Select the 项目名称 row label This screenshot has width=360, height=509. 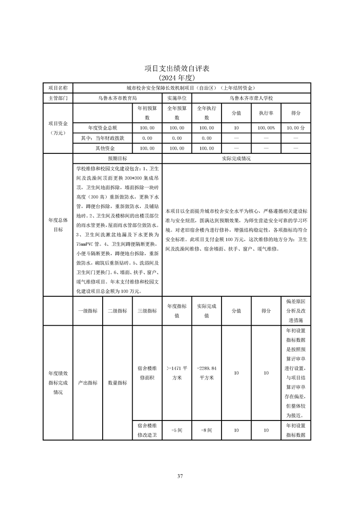tap(58, 88)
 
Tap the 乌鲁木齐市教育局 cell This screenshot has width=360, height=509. tap(117, 98)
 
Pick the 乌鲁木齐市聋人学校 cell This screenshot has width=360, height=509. tap(251, 98)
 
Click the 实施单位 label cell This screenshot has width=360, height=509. tap(177, 98)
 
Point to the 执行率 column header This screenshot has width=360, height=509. tap(266, 113)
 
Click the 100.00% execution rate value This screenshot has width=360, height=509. tap(266, 128)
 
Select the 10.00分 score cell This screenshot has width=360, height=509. tap(296, 128)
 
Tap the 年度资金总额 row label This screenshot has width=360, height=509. tap(103, 128)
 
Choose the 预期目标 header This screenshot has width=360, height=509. tap(117, 159)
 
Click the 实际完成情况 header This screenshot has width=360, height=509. tap(236, 159)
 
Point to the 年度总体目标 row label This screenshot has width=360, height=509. tap(58, 225)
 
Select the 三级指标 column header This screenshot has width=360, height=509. tap(147, 311)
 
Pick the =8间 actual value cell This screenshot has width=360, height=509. tap(207, 430)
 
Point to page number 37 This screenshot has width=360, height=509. tap(180, 476)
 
